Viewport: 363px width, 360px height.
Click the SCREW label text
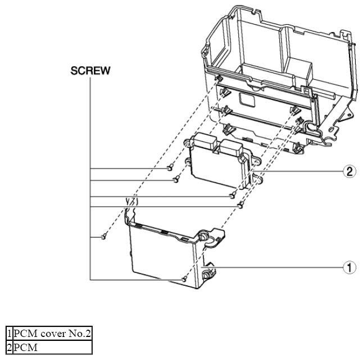[90, 72]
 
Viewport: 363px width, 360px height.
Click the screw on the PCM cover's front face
[184, 279]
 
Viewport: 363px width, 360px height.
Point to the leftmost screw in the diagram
[105, 236]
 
